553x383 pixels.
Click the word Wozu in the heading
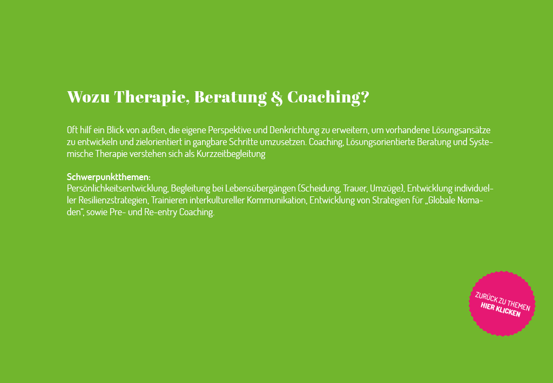pyautogui.click(x=89, y=97)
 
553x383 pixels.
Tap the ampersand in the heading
pyautogui.click(x=277, y=98)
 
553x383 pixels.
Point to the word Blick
pyautogui.click(x=116, y=130)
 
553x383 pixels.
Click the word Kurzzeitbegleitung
pyautogui.click(x=231, y=154)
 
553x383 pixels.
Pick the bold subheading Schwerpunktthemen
pyautogui.click(x=109, y=177)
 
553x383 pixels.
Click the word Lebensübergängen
pyautogui.click(x=261, y=188)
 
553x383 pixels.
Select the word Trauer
pyautogui.click(x=355, y=188)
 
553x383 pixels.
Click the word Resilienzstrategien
pyautogui.click(x=113, y=201)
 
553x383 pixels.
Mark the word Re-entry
pyautogui.click(x=160, y=212)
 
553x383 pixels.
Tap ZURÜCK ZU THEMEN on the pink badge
pyautogui.click(x=503, y=302)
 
